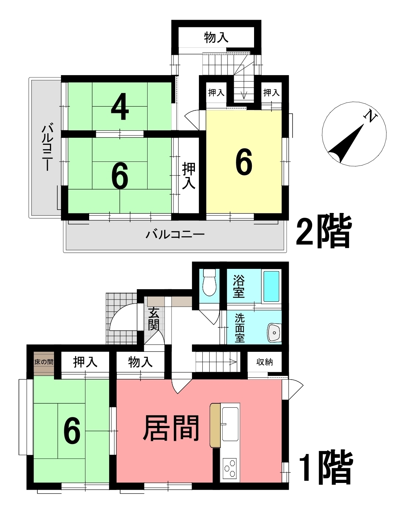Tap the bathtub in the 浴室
pyautogui.click(x=271, y=286)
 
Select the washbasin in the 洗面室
pyautogui.click(x=274, y=333)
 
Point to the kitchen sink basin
pyautogui.click(x=230, y=424)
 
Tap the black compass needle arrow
pyautogui.click(x=346, y=143)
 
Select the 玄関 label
pyautogui.click(x=153, y=319)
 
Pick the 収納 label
pyautogui.click(x=265, y=362)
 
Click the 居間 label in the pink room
pyautogui.click(x=171, y=428)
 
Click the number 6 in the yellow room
pyautogui.click(x=244, y=162)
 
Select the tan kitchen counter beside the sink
pyautogui.click(x=215, y=425)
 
